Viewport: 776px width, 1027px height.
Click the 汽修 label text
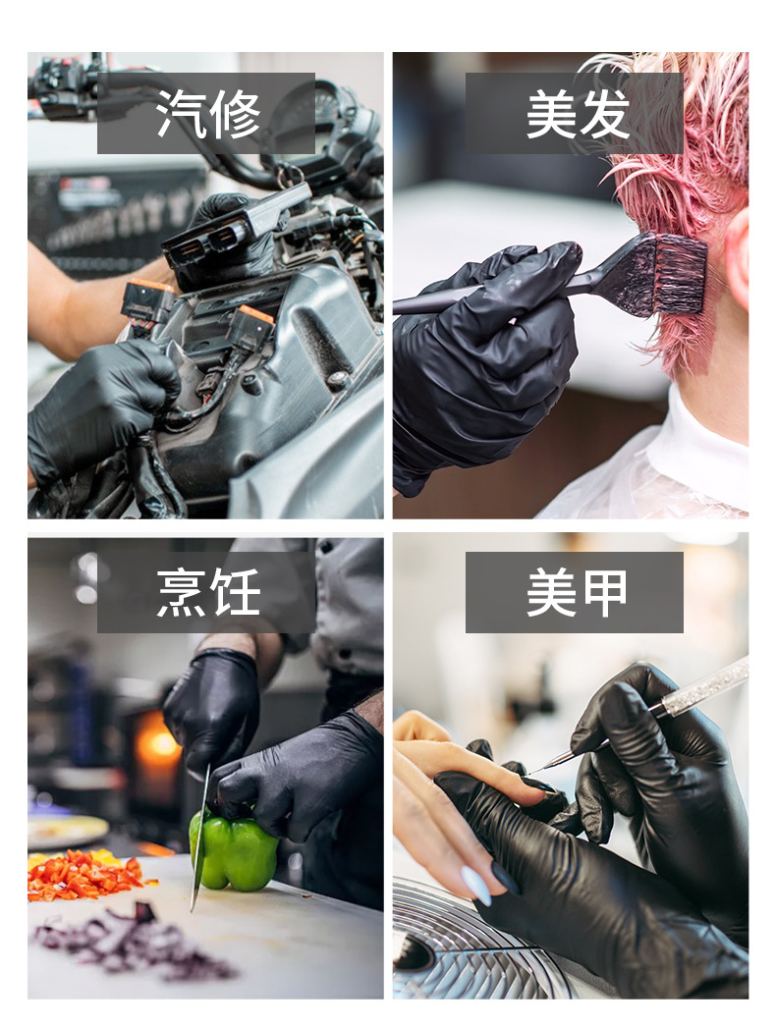click(x=208, y=114)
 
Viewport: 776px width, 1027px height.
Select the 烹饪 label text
click(x=208, y=592)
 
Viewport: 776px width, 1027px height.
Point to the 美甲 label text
click(x=577, y=592)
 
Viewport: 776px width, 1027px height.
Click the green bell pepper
click(x=234, y=851)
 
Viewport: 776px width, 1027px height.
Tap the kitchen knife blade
click(x=199, y=838)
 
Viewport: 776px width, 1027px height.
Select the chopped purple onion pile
click(x=131, y=944)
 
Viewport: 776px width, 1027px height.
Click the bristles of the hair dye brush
click(x=675, y=275)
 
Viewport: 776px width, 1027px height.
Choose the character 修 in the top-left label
click(x=236, y=114)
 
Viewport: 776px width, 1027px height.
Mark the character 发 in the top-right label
click(x=604, y=114)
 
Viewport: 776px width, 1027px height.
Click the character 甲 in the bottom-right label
click(x=604, y=592)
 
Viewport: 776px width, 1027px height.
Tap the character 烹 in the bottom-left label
click(x=182, y=592)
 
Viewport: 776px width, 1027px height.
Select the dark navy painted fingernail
click(x=505, y=878)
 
